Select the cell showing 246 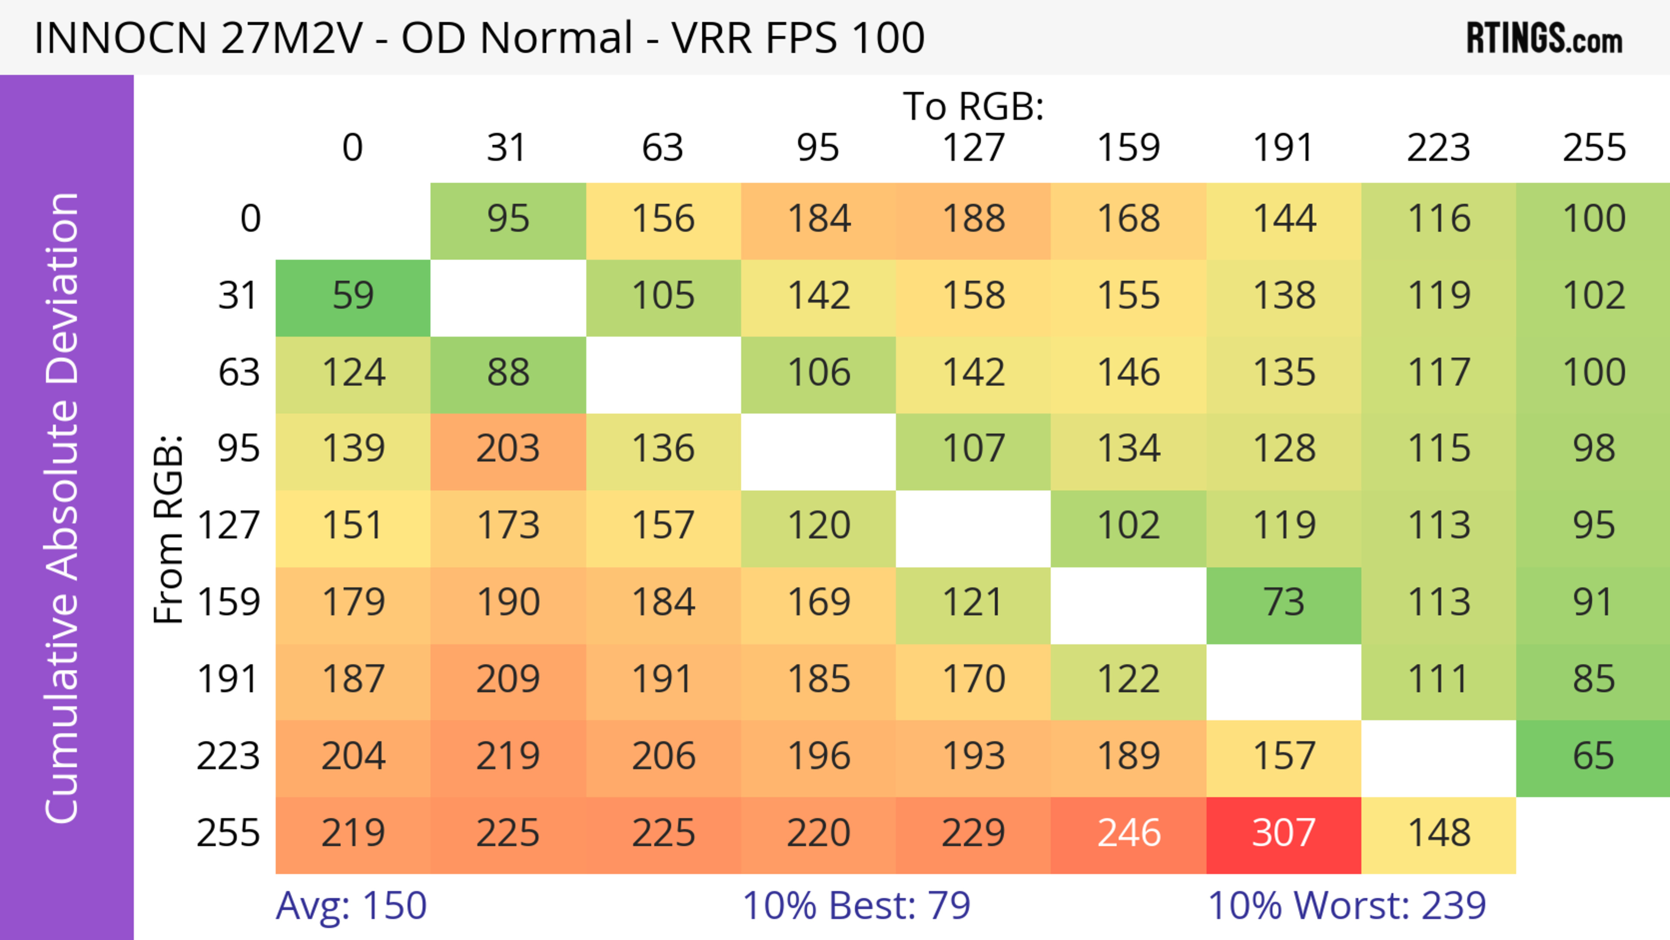click(1128, 834)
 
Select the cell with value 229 click(973, 834)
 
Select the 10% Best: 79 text click(856, 906)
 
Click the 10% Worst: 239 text click(1346, 906)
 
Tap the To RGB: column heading click(973, 106)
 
